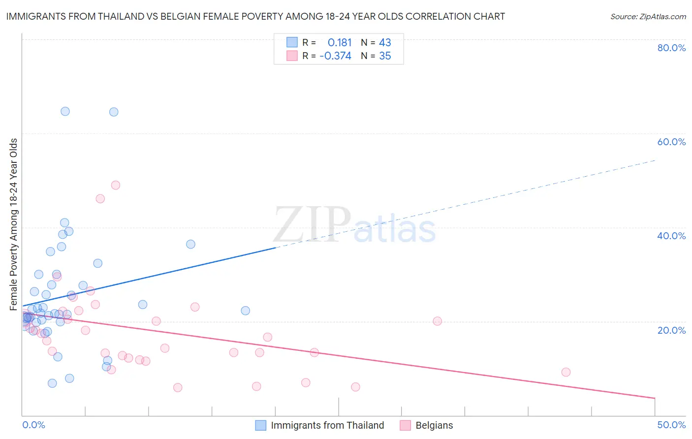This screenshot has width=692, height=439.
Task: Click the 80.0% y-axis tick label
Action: pyautogui.click(x=671, y=48)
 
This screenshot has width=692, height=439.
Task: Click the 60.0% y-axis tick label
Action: pyautogui.click(x=671, y=142)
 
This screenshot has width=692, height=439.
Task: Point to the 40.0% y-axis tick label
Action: pyautogui.click(x=671, y=236)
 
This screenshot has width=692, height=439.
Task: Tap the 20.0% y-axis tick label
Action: pyautogui.click(x=671, y=330)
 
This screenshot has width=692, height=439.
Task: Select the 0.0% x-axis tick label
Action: pyautogui.click(x=33, y=425)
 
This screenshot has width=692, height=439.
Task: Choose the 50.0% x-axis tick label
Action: pyautogui.click(x=671, y=425)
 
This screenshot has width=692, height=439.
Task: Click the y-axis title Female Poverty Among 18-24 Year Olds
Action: pyautogui.click(x=14, y=224)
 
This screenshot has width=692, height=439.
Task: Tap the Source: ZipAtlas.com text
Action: pyautogui.click(x=648, y=17)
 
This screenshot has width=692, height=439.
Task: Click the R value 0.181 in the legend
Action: pyautogui.click(x=340, y=43)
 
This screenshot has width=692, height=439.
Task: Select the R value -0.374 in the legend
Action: pyautogui.click(x=335, y=56)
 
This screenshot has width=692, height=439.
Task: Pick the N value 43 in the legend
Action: pyautogui.click(x=385, y=43)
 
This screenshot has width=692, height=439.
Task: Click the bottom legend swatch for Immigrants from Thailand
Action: pyautogui.click(x=261, y=425)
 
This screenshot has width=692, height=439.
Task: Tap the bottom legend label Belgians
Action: pyautogui.click(x=434, y=425)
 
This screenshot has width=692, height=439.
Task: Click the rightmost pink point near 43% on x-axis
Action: pyautogui.click(x=566, y=372)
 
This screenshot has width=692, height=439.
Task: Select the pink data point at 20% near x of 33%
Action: pyautogui.click(x=437, y=321)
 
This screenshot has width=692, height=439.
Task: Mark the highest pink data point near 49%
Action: pyautogui.click(x=116, y=185)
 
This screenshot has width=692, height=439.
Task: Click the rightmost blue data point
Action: pyautogui.click(x=246, y=311)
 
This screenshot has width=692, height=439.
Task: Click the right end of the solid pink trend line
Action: pyautogui.click(x=655, y=398)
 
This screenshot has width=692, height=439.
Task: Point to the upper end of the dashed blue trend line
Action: pyautogui.click(x=655, y=160)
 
